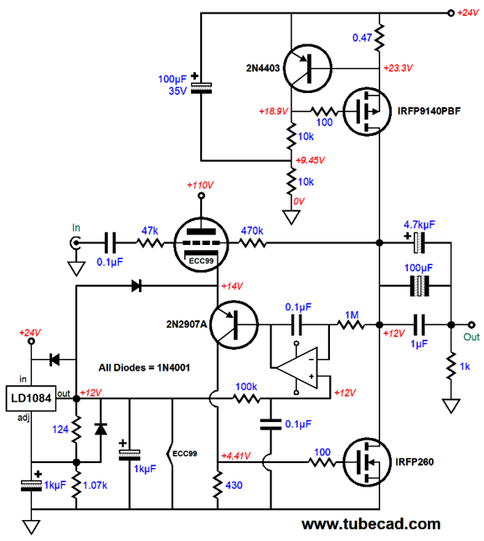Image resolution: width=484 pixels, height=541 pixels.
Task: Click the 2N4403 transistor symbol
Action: click(x=307, y=68)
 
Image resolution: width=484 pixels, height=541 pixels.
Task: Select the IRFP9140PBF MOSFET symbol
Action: click(x=368, y=112)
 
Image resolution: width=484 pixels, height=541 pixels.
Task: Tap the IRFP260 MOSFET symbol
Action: click(x=368, y=462)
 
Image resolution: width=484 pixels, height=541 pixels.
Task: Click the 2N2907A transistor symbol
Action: click(x=234, y=325)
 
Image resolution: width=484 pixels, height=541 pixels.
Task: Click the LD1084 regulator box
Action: click(x=31, y=398)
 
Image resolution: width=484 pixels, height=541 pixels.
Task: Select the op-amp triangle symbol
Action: click(x=297, y=368)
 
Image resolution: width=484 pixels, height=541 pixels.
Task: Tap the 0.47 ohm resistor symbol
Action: click(x=379, y=38)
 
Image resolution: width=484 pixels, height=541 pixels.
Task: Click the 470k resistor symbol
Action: click(x=253, y=243)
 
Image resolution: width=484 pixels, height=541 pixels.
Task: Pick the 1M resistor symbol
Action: click(x=351, y=325)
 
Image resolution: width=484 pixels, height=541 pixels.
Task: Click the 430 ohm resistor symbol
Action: click(x=218, y=485)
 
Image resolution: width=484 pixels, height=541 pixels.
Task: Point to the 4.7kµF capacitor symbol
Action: click(x=419, y=243)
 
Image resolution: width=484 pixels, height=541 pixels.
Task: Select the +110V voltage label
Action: click(x=200, y=185)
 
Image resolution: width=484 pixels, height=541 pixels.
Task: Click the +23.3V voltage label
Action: click(x=398, y=68)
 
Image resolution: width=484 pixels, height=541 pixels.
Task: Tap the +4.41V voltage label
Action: click(x=236, y=455)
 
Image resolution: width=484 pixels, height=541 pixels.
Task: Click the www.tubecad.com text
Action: click(x=371, y=524)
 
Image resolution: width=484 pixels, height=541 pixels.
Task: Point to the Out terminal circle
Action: click(x=471, y=325)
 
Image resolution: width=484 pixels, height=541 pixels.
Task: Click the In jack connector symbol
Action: click(x=75, y=243)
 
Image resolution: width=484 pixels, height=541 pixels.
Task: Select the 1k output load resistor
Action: click(x=451, y=366)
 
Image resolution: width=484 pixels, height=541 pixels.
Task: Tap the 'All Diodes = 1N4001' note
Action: click(x=144, y=368)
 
